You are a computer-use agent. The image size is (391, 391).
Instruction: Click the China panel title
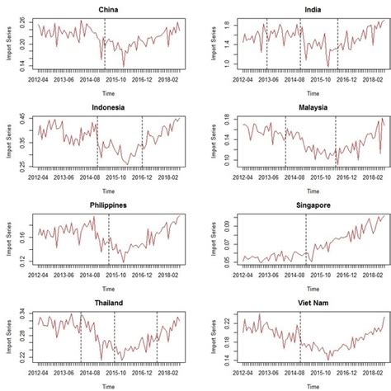point(106,10)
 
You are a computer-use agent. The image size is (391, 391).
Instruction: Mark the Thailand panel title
point(106,301)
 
